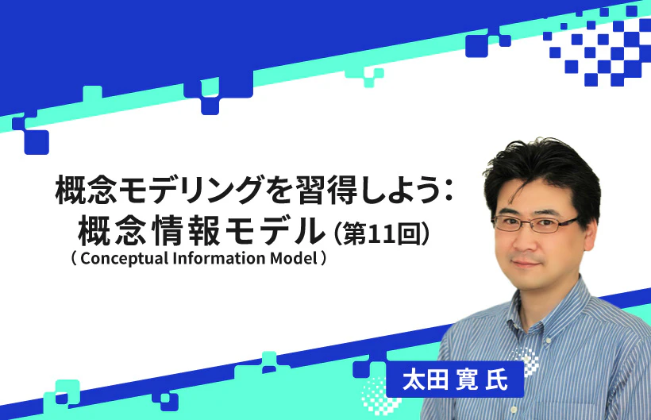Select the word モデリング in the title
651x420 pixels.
click(186, 191)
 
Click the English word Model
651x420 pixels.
click(299, 258)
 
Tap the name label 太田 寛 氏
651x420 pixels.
click(455, 380)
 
